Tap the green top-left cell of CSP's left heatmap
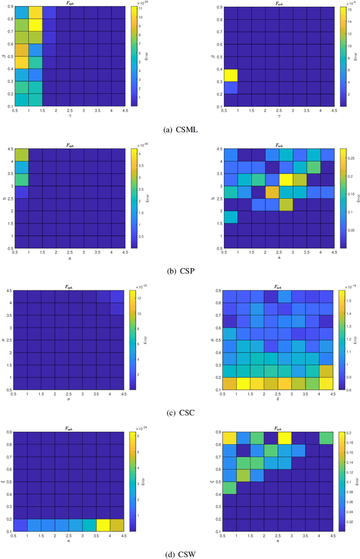point(22,154)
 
